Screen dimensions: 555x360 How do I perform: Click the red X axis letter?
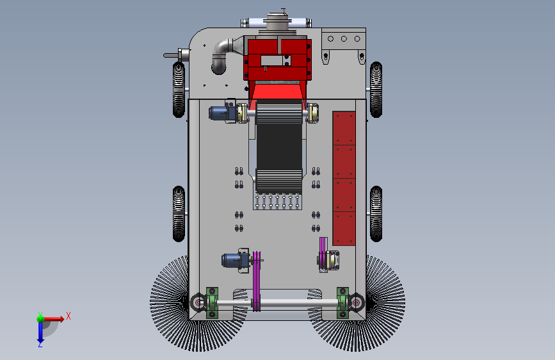pos(68,316)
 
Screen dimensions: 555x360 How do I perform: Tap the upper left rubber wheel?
pos(179,90)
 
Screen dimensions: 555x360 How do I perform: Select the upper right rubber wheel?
pos(376,90)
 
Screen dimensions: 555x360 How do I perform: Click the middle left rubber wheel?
pos(179,214)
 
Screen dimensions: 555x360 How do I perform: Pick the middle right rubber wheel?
pos(376,214)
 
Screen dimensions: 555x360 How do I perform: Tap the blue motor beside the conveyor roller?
pos(222,113)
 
